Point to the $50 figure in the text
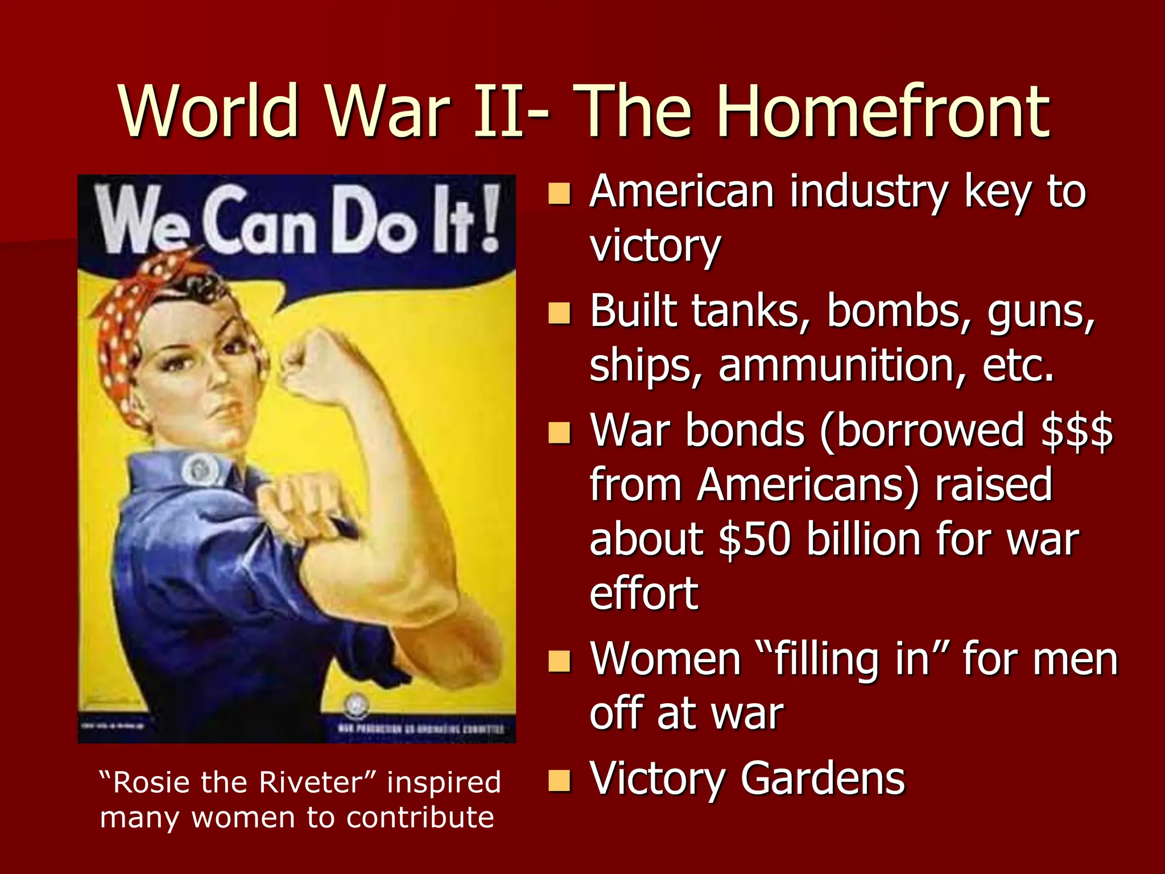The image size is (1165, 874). coord(754,539)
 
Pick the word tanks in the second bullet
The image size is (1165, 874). coord(751,312)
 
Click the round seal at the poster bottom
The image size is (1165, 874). coord(357,706)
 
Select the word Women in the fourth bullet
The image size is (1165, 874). coord(666,660)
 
